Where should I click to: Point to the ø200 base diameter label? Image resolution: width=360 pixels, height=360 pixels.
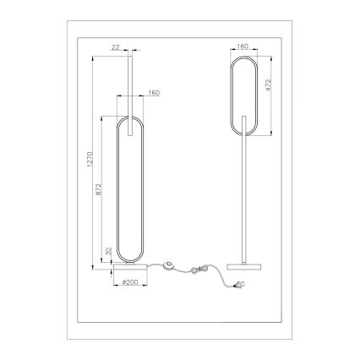point(129,281)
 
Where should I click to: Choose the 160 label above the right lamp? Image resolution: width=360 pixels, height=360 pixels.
point(243,48)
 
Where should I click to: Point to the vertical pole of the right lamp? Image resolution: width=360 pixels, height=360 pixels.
point(243,194)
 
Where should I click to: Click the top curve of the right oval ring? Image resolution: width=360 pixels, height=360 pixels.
point(243,58)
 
